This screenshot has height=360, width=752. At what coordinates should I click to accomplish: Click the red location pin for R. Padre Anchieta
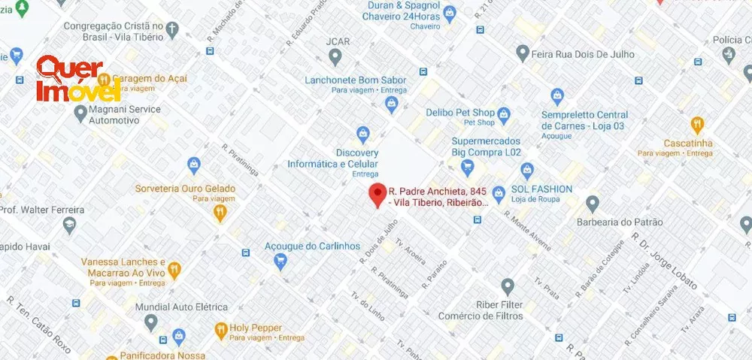tap(378, 194)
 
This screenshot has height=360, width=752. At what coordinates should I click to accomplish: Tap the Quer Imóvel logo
tap(78, 79)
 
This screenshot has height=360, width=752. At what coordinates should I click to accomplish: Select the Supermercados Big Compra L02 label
tap(486, 147)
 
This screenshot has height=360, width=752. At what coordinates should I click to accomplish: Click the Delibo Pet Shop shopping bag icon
tap(504, 116)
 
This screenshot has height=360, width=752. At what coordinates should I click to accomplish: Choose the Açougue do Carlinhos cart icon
tap(280, 262)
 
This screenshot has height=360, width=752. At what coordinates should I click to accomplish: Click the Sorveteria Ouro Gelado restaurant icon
tap(220, 213)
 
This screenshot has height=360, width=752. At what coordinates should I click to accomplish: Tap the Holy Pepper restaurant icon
tap(221, 329)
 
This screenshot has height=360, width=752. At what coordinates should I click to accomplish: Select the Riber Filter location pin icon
tap(508, 286)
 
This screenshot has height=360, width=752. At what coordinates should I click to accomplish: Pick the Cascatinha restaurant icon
tap(697, 126)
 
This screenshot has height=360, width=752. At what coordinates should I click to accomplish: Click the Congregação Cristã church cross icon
tap(172, 31)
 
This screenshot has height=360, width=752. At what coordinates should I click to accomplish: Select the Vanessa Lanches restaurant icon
tap(174, 268)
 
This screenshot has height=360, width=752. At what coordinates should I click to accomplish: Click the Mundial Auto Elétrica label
tap(181, 307)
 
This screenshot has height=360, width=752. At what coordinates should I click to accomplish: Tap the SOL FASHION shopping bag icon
tap(527, 170)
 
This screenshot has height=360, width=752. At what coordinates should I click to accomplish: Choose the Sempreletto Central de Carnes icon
tap(557, 96)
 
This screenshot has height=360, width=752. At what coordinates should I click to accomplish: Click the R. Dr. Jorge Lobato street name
tap(666, 262)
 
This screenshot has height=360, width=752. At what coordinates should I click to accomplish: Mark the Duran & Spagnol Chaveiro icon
tap(450, 13)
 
